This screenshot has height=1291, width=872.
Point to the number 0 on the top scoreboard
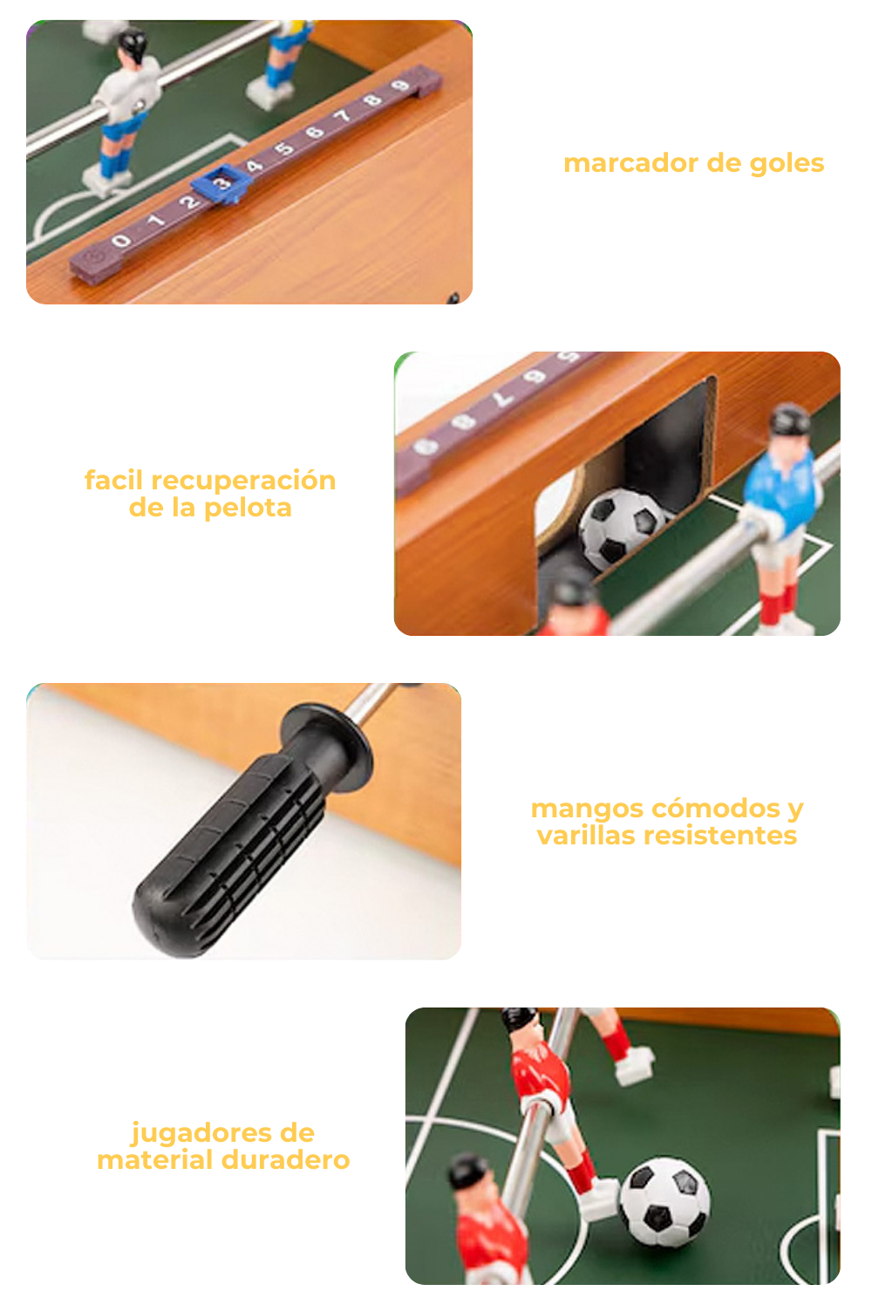[x=121, y=241]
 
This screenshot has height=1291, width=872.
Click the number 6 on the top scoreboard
[x=315, y=133]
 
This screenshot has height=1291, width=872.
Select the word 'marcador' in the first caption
[x=630, y=163]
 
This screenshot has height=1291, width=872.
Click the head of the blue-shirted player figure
[x=788, y=421]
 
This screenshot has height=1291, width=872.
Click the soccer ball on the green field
[x=664, y=1202]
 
